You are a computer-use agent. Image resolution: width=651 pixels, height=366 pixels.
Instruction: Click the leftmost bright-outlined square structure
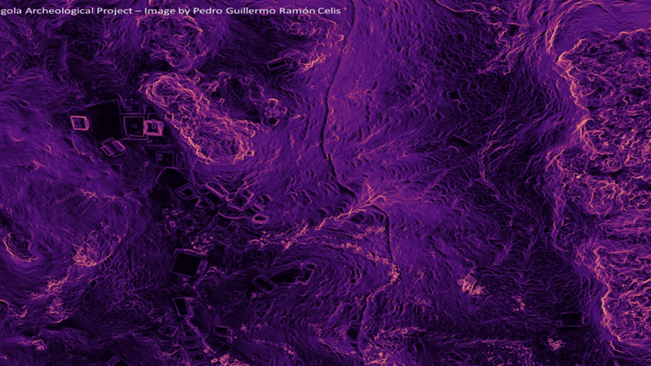click(80, 123)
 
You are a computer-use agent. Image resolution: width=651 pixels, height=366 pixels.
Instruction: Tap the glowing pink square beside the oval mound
click(153, 128)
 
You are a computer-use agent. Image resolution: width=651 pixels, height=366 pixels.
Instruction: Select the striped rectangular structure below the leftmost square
click(112, 149)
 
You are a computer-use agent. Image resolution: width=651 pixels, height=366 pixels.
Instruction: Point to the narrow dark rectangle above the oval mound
click(276, 63)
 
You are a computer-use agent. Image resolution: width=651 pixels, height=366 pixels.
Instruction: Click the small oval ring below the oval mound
click(260, 220)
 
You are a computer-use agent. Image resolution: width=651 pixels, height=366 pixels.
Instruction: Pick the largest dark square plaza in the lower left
click(185, 265)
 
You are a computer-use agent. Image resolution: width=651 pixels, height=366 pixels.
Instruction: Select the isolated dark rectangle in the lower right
click(572, 320)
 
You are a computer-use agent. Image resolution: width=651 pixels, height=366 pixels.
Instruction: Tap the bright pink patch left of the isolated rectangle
click(555, 343)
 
